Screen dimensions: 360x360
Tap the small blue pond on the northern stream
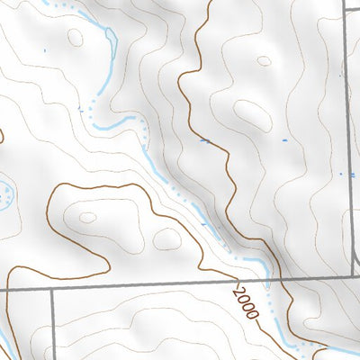(110, 35)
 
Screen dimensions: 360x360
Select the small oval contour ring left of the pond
(74, 37)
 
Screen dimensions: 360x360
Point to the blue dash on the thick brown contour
(205, 140)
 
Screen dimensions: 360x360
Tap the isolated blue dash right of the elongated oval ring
(286, 139)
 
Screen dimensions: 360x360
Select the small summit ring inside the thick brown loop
(87, 217)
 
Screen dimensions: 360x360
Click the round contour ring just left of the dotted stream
(166, 238)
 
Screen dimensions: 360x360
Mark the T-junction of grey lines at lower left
(52, 291)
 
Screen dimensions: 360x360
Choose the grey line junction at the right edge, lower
(348, 277)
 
